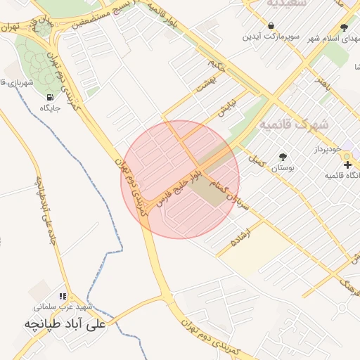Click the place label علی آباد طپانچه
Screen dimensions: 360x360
coord(65,324)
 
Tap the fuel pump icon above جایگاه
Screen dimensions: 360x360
coord(49,97)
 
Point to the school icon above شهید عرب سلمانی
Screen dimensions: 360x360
coord(63,297)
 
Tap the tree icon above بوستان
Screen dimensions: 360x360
coord(283,157)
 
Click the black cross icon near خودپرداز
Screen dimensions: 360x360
coord(347,165)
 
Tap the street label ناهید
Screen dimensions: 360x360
coord(322,85)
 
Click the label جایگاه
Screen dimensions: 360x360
coord(50,109)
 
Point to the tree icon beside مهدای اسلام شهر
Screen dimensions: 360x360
coord(343,28)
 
